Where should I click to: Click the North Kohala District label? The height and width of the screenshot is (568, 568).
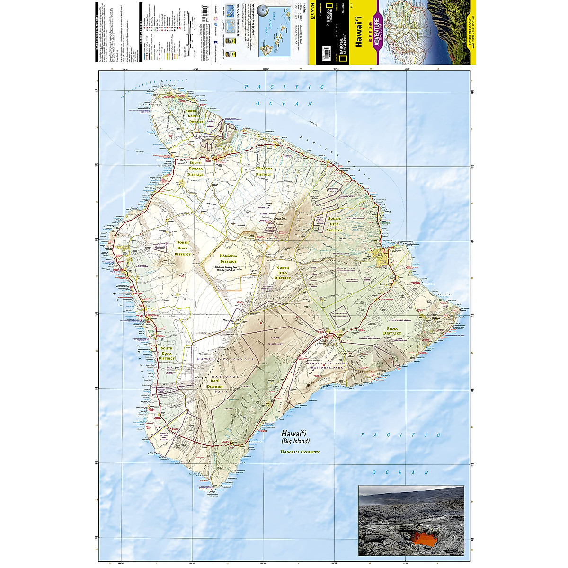(196, 116)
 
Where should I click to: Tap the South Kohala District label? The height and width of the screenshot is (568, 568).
(195, 168)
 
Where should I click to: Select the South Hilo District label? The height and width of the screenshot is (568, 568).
(334, 224)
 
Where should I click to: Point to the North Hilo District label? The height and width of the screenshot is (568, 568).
(283, 273)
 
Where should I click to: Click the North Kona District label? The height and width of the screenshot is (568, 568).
(183, 248)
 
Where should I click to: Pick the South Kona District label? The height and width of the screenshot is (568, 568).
(167, 353)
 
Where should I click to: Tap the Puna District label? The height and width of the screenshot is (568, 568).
(392, 331)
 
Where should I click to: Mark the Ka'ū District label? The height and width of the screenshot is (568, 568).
(215, 383)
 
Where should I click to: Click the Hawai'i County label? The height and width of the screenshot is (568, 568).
(300, 452)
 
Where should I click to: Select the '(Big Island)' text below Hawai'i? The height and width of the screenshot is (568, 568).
(295, 441)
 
